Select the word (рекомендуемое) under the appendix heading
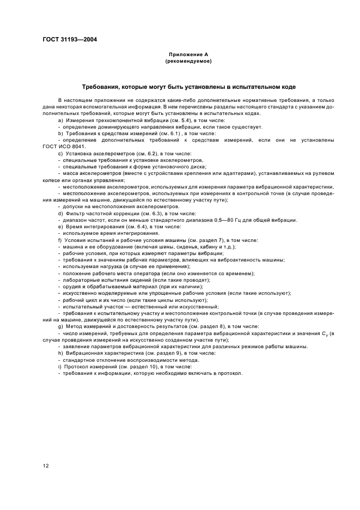tap(188, 62)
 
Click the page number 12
tap(46, 465)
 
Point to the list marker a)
tap(60, 119)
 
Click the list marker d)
tap(60, 214)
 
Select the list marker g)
tap(60, 326)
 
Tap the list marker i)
tap(59, 367)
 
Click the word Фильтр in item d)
tap(74, 214)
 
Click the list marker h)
tap(60, 353)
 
